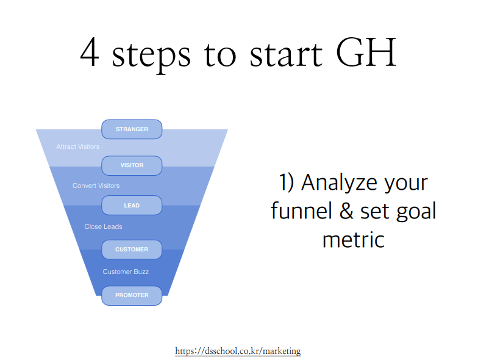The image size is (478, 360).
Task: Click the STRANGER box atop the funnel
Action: coord(132,129)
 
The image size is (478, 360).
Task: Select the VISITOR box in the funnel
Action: coord(132,165)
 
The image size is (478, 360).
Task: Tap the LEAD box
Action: coord(132,205)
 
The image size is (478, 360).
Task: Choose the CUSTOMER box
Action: coord(132,250)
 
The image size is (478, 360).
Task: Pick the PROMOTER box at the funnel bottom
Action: coord(132,295)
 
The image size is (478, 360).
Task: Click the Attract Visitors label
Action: coord(78,146)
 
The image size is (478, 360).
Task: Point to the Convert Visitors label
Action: coord(96,185)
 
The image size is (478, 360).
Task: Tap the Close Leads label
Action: coord(104,226)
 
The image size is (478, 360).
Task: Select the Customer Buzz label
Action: coord(126,272)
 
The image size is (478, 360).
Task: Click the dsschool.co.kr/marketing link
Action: coord(238,351)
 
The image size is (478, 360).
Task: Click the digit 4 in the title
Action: coord(90,52)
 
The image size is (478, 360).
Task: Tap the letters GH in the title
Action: coord(366,52)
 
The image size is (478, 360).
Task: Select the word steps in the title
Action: coord(151,56)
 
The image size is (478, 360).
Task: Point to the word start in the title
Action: coord(286,54)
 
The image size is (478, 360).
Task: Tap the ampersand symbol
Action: coord(346,211)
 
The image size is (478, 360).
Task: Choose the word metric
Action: coord(354,240)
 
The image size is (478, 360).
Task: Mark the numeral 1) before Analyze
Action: coord(287,182)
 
